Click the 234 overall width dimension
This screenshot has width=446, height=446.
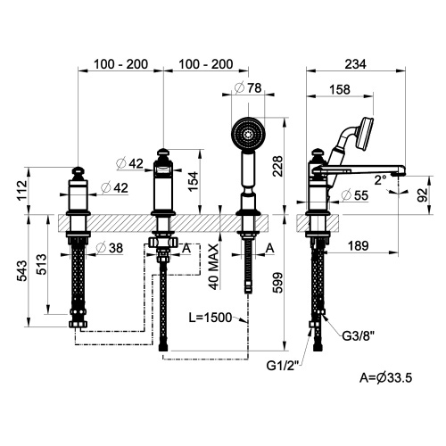[x=359, y=65]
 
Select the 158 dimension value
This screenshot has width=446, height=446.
[x=339, y=88]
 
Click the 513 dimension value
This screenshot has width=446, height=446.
[x=43, y=265]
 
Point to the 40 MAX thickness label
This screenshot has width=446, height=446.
[x=215, y=266]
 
